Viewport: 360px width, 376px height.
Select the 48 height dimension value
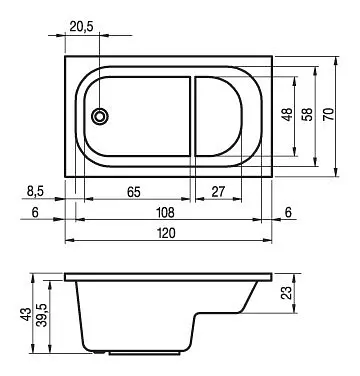coord(286,114)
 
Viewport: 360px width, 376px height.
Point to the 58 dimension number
coord(310,114)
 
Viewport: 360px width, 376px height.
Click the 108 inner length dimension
coord(167,212)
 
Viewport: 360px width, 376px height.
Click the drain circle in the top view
coord(101,116)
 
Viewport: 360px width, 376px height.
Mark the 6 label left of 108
coord(34,212)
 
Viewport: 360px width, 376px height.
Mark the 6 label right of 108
coord(289,212)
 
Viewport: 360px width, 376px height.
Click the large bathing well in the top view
coord(140,116)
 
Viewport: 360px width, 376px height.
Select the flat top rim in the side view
coord(168,275)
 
